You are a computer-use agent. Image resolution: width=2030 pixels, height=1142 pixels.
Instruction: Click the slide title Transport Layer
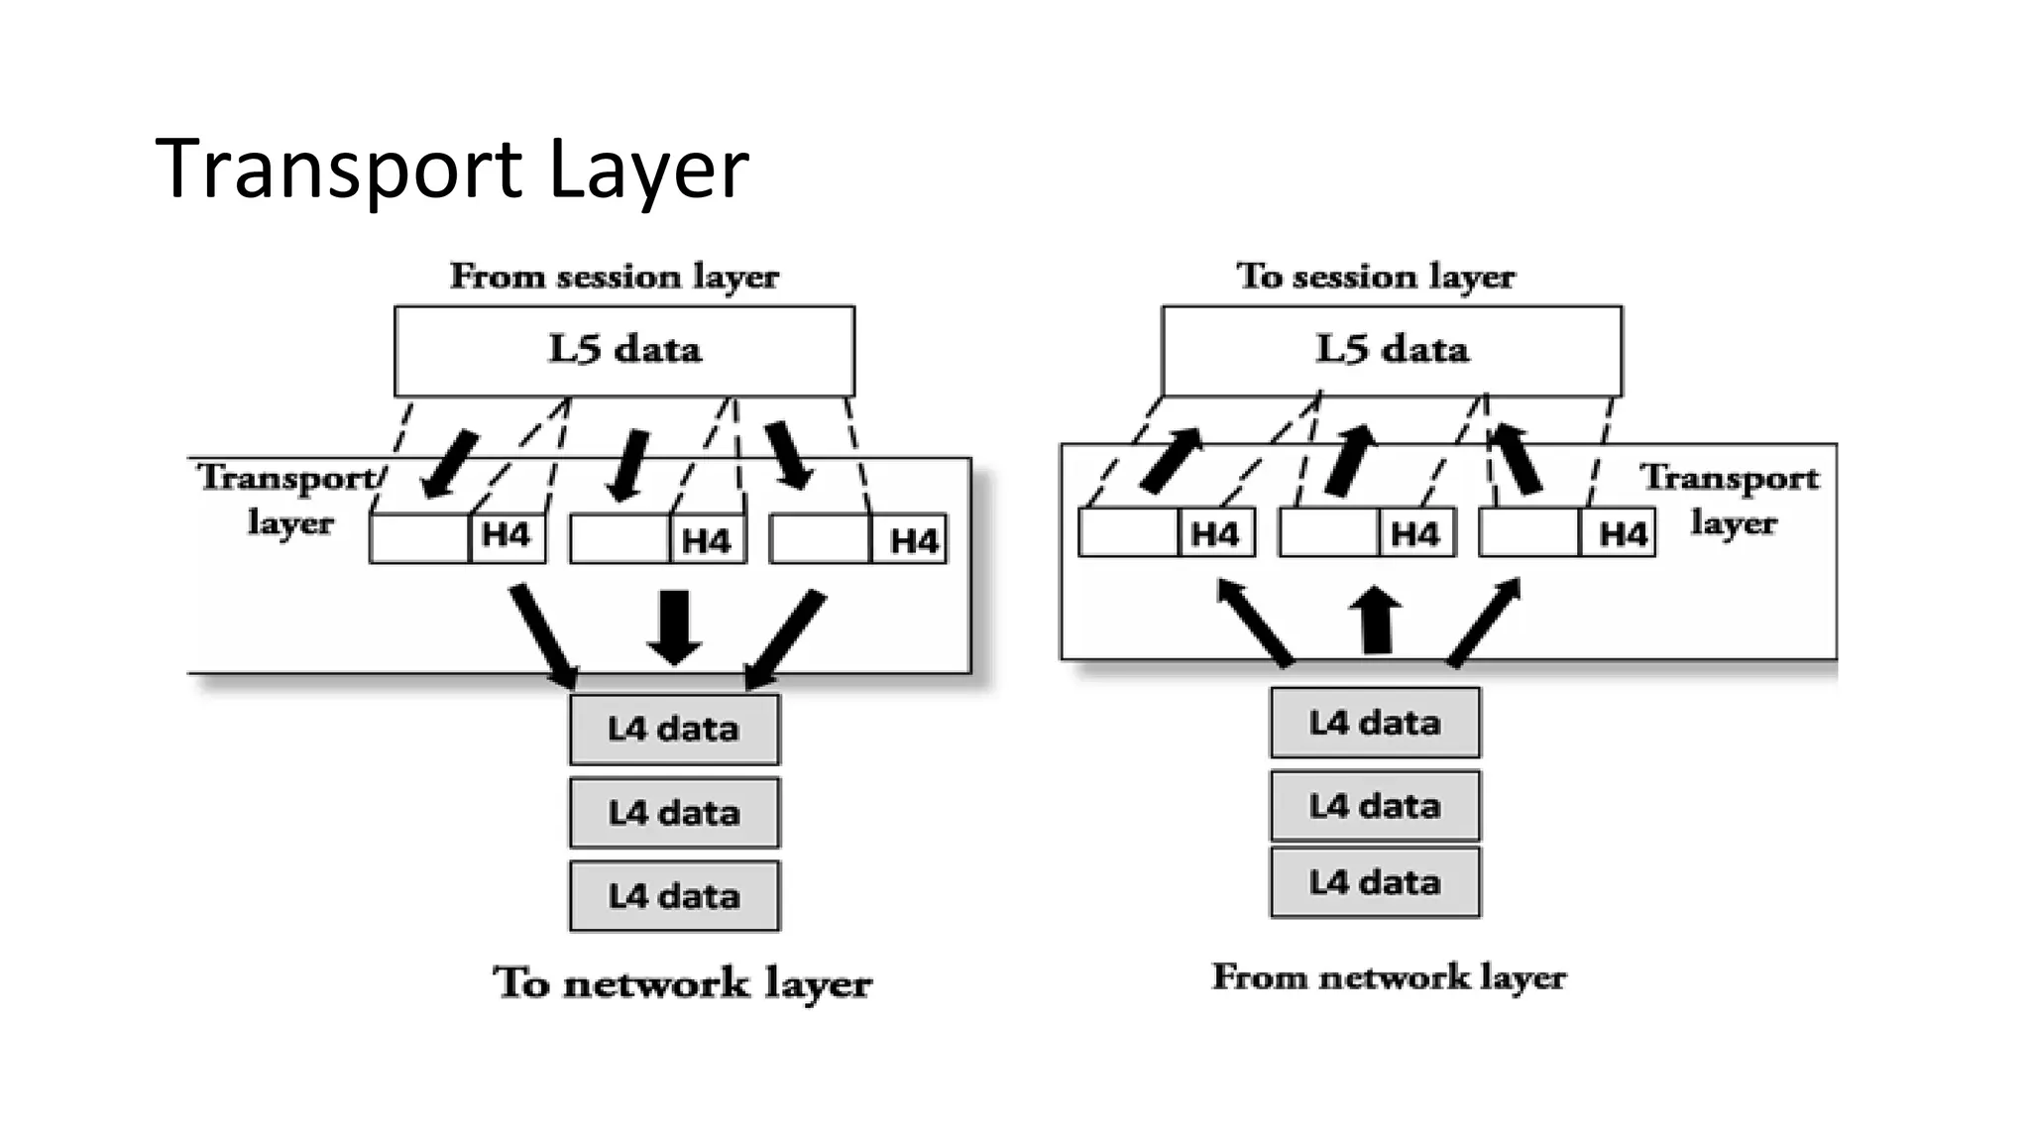point(451,169)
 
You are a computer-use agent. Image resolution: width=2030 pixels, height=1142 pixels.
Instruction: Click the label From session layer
point(614,276)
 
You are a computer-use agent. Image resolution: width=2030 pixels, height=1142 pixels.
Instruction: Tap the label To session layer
point(1375,276)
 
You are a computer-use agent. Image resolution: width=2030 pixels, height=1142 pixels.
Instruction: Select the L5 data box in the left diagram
point(623,350)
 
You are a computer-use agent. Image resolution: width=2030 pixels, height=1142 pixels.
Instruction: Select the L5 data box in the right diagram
point(1391,350)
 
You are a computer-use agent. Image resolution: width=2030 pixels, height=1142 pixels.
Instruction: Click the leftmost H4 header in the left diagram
point(507,536)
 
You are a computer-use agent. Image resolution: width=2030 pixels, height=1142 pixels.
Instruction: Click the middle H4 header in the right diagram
point(1415,534)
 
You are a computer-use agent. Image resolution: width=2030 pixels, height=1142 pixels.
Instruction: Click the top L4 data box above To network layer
point(674,730)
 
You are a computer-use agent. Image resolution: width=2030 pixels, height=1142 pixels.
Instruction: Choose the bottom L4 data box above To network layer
point(674,896)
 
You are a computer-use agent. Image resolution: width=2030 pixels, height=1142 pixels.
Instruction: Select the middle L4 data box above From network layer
point(1375,806)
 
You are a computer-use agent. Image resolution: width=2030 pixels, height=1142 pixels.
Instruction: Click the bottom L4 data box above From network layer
point(1375,882)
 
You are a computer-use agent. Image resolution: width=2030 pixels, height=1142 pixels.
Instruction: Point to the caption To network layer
point(682,983)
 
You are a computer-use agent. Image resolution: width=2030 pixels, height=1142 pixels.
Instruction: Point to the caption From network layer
point(1389,977)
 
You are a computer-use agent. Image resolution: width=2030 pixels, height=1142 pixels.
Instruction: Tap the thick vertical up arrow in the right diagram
point(1376,621)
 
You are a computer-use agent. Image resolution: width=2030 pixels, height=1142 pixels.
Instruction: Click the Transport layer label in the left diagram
point(288,500)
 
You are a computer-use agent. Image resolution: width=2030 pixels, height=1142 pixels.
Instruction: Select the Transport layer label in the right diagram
point(1731,500)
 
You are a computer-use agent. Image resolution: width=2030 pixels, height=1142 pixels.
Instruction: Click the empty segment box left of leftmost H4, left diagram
point(419,538)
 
